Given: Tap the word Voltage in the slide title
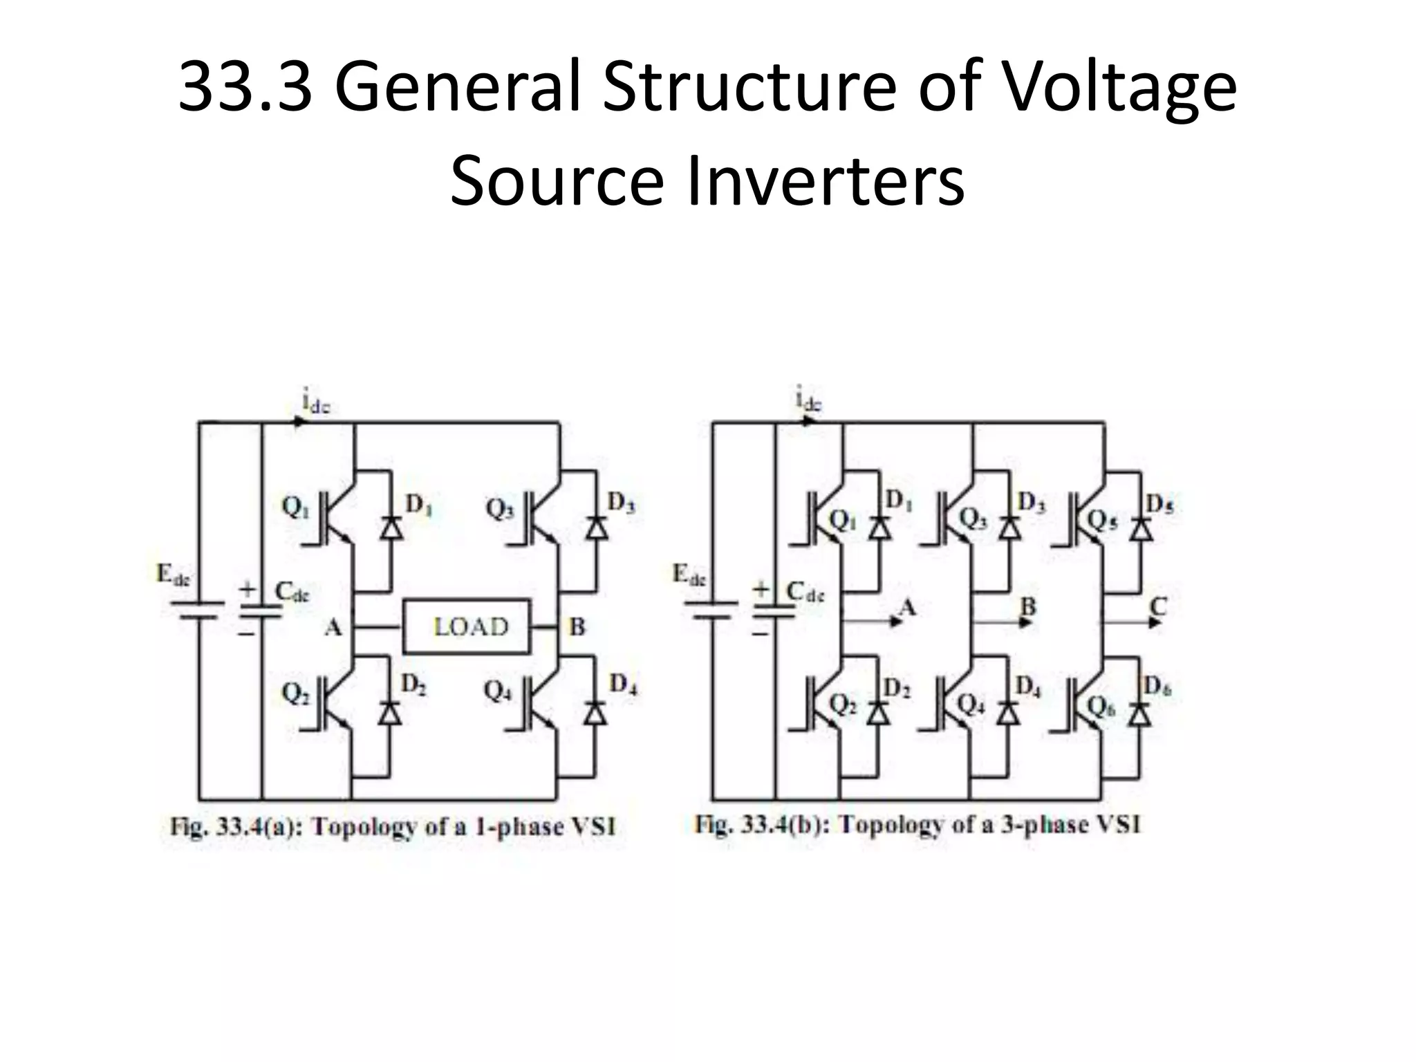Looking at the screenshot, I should [x=1118, y=88].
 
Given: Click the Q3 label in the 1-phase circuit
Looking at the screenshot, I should [x=499, y=510].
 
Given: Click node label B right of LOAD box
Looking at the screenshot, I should [x=577, y=627].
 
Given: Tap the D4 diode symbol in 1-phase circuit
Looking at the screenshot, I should [x=595, y=712].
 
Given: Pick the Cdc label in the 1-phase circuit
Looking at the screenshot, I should [x=292, y=592].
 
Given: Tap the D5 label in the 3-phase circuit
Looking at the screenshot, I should [x=1159, y=505].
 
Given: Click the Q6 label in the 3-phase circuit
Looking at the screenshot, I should [x=1101, y=706].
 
